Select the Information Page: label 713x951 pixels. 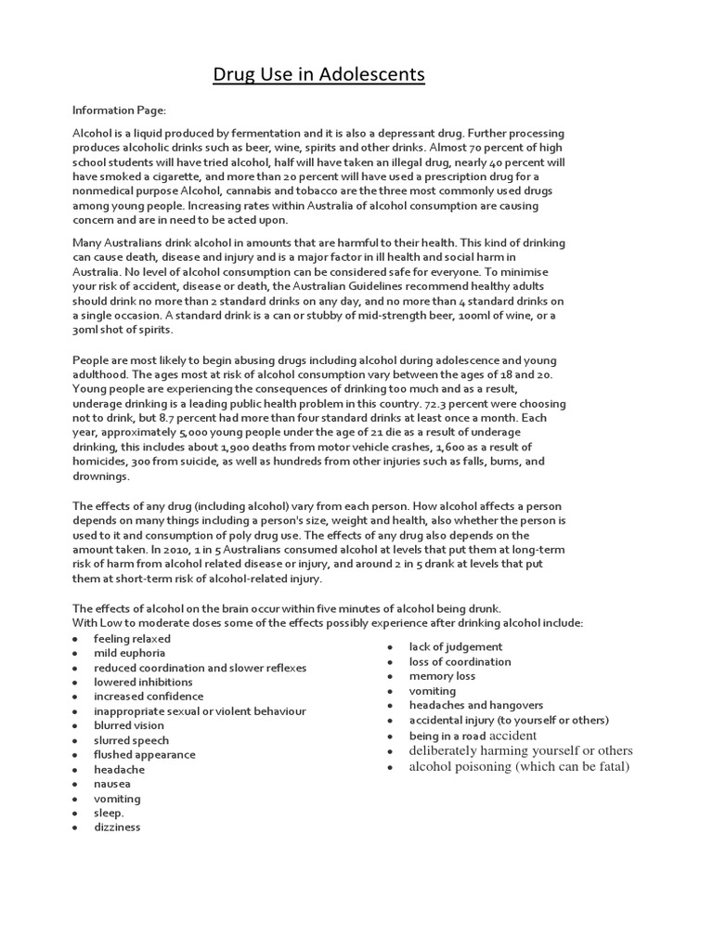coord(118,110)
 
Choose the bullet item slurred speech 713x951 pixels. coord(131,740)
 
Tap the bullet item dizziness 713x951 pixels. coord(117,827)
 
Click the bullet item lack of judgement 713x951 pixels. coord(456,646)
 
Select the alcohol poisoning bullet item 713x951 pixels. coord(519,766)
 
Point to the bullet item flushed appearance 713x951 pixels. coord(144,754)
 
